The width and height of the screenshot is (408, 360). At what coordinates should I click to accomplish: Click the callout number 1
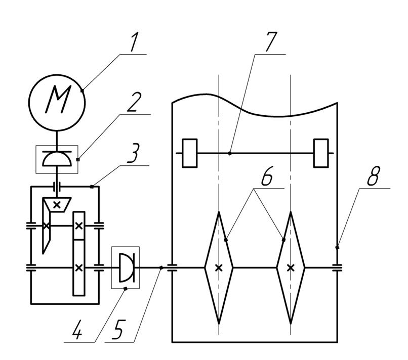(x=134, y=41)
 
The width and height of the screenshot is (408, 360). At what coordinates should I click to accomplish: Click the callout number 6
(x=267, y=176)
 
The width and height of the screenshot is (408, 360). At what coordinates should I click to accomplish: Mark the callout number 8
(x=374, y=176)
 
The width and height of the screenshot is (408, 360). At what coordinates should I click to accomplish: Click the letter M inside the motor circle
(x=58, y=100)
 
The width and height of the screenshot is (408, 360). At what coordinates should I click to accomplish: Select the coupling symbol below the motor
(x=57, y=159)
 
